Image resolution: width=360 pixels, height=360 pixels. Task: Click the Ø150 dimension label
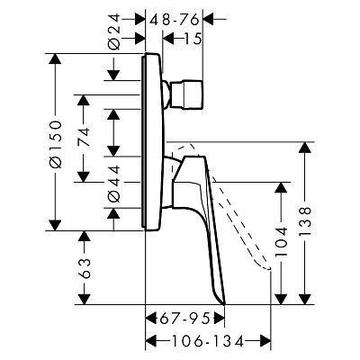[x=56, y=144]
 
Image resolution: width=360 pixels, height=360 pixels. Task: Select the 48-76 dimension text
[x=175, y=20]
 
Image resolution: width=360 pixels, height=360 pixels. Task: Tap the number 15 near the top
[x=192, y=39]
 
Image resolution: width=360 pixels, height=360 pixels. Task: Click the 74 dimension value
[x=84, y=137]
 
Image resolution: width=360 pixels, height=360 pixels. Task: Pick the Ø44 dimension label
[x=113, y=184]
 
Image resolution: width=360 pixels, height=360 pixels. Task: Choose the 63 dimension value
[x=84, y=268]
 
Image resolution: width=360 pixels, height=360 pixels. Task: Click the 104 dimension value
[x=281, y=241]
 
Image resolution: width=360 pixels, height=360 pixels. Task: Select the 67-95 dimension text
[x=184, y=319]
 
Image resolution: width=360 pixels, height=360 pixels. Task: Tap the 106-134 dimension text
[x=207, y=341]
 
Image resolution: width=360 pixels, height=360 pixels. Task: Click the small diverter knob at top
[x=187, y=94]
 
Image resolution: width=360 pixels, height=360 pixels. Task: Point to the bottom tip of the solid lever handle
[x=225, y=304]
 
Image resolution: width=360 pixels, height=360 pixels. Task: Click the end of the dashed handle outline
[x=271, y=268]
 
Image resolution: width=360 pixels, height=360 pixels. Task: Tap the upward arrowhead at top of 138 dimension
[x=306, y=148]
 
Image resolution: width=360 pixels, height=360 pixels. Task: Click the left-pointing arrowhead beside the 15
[x=168, y=39]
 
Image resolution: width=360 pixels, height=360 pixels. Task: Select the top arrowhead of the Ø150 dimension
[x=55, y=58]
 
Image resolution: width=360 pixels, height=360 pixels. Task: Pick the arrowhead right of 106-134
[x=265, y=341]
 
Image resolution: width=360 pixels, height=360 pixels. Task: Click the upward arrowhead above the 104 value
[x=281, y=187]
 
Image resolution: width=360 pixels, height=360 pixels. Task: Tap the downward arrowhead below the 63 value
[x=84, y=300]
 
